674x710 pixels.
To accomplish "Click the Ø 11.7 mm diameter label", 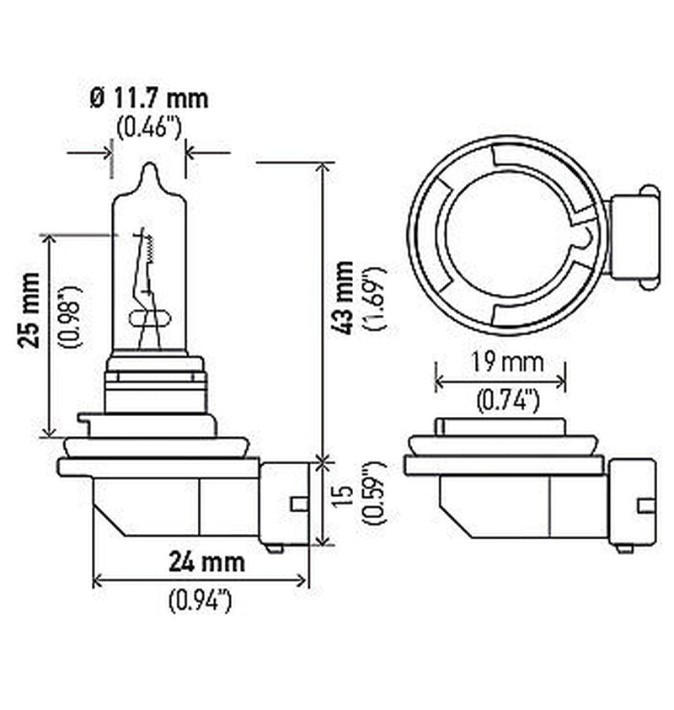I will [147, 99].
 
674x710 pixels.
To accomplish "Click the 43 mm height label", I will [345, 299].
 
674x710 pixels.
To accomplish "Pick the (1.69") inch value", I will [375, 299].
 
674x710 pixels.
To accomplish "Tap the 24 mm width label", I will [206, 561].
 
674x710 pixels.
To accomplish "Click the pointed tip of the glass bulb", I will [149, 167].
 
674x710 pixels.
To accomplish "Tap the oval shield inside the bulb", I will [150, 318].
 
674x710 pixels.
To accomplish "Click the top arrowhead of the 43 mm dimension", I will [320, 166].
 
